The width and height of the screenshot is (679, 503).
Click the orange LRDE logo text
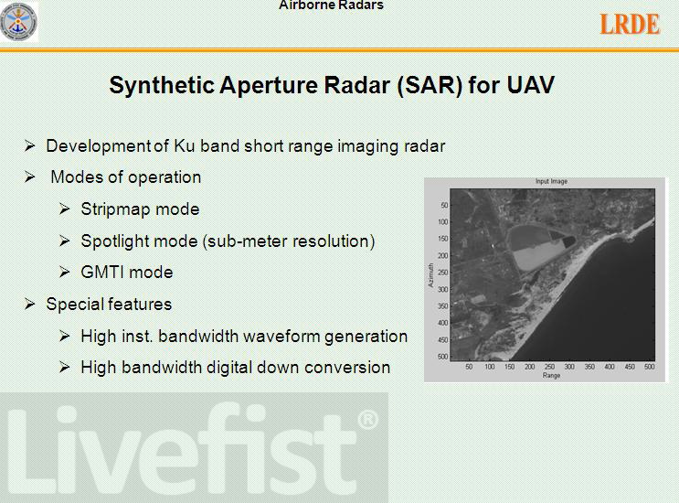[x=630, y=25]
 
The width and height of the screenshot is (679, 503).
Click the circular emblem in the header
[x=18, y=22]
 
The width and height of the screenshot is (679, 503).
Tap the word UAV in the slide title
[x=530, y=84]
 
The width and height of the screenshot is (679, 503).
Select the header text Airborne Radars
[x=331, y=5]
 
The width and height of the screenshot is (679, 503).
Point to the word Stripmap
[x=116, y=209]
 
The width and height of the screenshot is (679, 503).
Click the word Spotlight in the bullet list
[x=114, y=241]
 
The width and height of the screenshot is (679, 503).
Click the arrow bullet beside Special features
[x=29, y=305]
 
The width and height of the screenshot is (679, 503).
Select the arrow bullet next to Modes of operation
[x=29, y=177]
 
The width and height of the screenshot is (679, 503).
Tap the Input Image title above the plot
[x=551, y=181]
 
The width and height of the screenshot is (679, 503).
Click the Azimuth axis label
[x=430, y=275]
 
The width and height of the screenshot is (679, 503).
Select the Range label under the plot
[x=551, y=376]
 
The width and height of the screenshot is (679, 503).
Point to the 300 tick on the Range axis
[x=569, y=367]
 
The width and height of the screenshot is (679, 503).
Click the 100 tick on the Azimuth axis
[x=443, y=222]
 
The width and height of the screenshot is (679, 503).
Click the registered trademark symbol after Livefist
[x=367, y=420]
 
